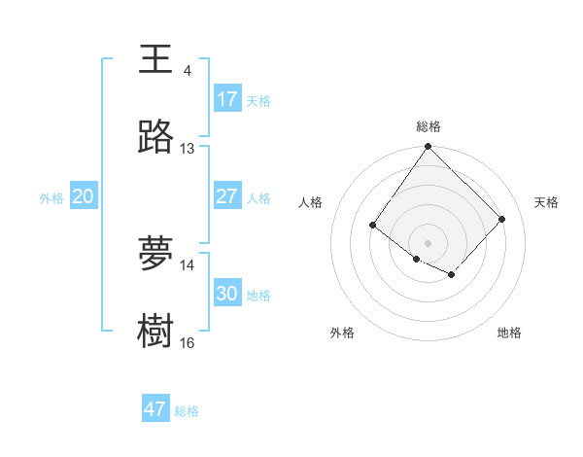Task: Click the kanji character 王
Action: click(x=155, y=58)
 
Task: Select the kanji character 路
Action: click(x=155, y=138)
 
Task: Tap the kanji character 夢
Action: click(x=155, y=253)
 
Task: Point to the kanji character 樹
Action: click(x=155, y=331)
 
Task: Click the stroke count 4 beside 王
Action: click(x=187, y=71)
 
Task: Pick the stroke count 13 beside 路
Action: click(x=187, y=149)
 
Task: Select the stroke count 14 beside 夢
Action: click(x=187, y=264)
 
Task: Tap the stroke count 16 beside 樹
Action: click(x=187, y=342)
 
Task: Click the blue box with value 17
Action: click(x=226, y=99)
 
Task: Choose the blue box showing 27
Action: click(x=226, y=196)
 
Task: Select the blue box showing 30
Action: click(x=226, y=294)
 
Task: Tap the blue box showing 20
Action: click(x=84, y=196)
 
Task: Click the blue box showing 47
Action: click(x=155, y=409)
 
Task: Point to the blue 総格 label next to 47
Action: click(x=187, y=411)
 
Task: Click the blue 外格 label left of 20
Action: click(x=51, y=198)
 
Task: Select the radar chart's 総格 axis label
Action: click(x=429, y=126)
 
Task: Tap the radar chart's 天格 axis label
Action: click(x=546, y=202)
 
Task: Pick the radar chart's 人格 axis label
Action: click(x=310, y=202)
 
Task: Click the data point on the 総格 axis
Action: click(x=429, y=147)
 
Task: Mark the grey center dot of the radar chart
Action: click(x=429, y=242)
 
